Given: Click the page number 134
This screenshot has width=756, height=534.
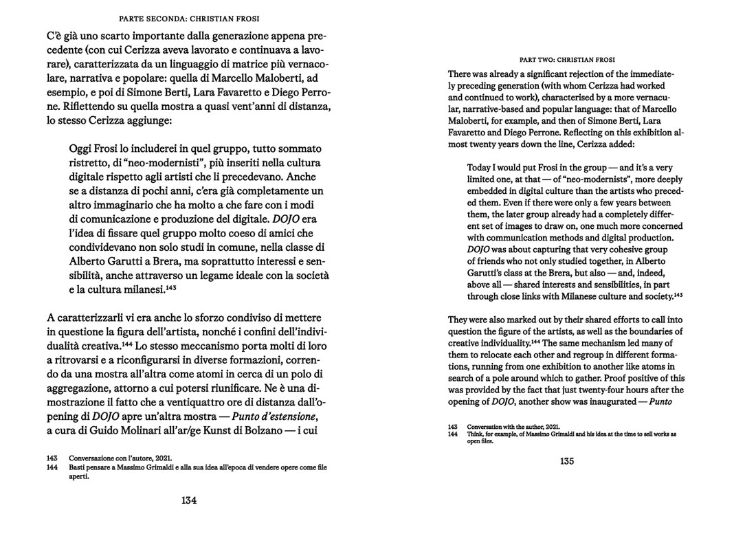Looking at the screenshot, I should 189,500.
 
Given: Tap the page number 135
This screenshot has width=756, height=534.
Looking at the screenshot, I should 566,461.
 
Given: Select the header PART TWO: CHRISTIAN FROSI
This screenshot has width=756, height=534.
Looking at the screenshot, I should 566,60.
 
